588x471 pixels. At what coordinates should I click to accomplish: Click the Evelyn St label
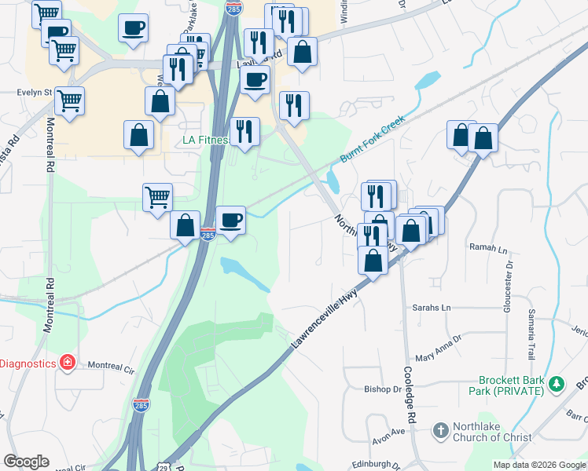[x=34, y=92]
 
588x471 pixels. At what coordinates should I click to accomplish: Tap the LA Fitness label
[x=205, y=141]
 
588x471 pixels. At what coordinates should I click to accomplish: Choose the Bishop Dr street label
[x=383, y=389]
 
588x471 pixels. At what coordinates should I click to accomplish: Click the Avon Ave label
[x=388, y=431]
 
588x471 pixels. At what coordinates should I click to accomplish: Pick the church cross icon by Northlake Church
[x=440, y=430]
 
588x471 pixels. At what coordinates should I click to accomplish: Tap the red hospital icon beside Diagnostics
[x=68, y=363]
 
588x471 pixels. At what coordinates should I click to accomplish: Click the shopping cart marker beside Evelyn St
[x=70, y=100]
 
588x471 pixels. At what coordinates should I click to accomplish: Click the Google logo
[x=27, y=462]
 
